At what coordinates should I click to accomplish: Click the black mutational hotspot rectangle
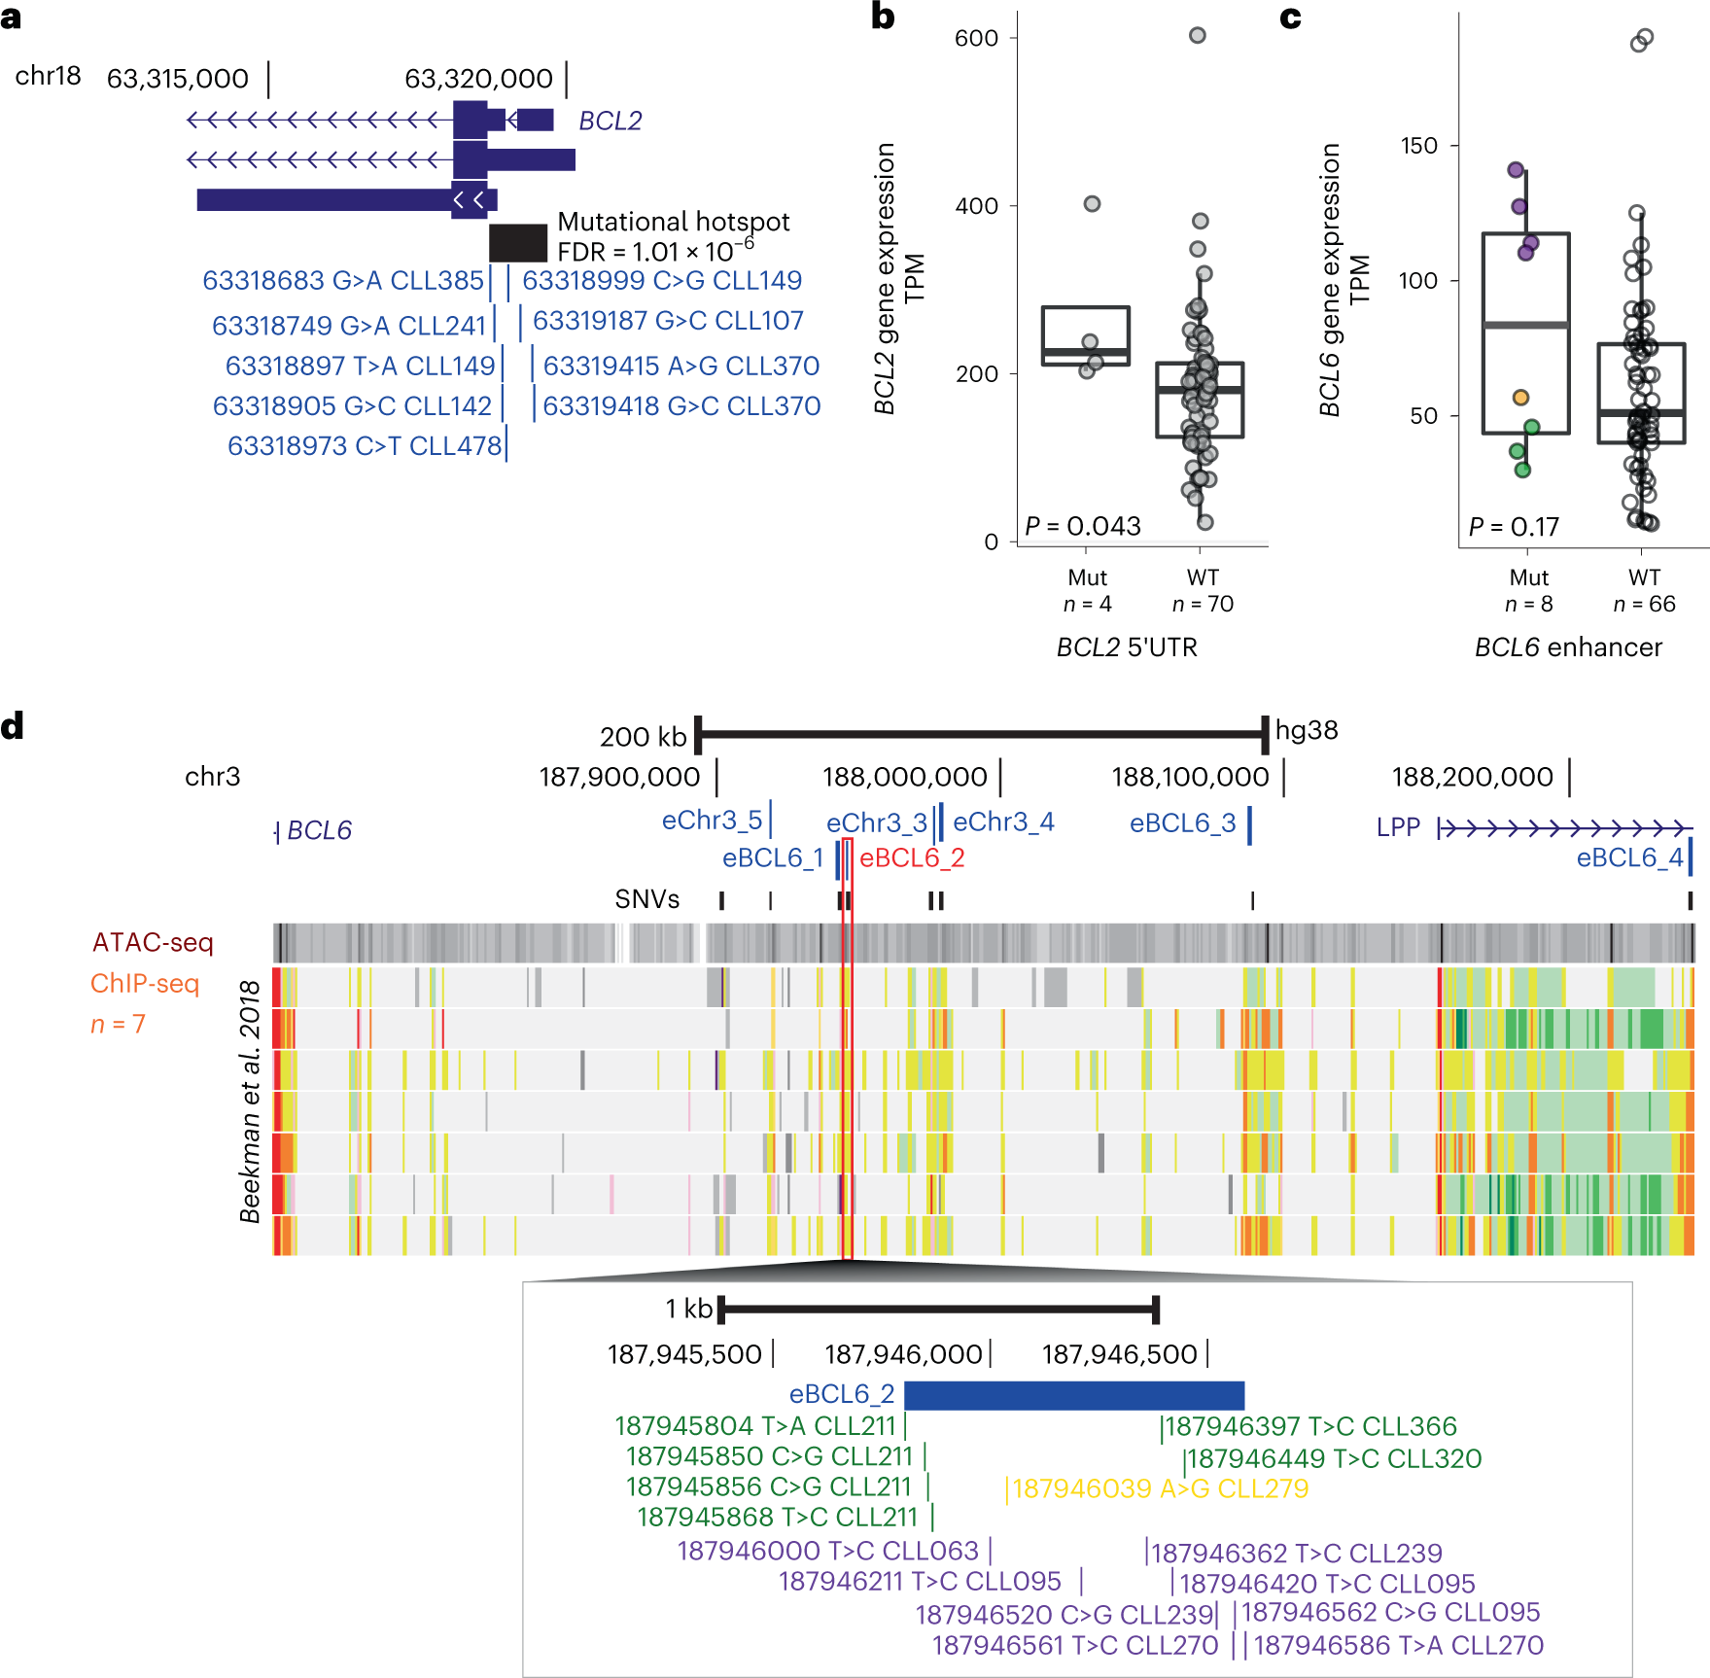[517, 242]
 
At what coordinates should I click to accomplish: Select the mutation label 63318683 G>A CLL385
[342, 280]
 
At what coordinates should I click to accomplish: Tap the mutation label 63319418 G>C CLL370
[681, 405]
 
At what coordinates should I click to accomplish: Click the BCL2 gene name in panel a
[610, 121]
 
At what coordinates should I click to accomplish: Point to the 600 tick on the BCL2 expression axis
[976, 38]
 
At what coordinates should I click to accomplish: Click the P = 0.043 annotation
[1082, 526]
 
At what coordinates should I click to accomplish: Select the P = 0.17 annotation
[1513, 527]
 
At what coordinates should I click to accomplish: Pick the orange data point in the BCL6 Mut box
[1520, 397]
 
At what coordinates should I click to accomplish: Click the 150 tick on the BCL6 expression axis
[1418, 146]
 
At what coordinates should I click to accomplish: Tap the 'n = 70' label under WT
[1203, 604]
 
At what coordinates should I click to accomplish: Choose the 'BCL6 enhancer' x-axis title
[1568, 647]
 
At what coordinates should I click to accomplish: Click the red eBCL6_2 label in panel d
[912, 857]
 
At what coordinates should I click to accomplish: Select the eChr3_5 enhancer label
[712, 821]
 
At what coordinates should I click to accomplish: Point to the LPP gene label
[1398, 827]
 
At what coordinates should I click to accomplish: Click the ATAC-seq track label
[153, 942]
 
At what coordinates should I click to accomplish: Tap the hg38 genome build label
[1306, 730]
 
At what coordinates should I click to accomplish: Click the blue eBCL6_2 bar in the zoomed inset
[1073, 1395]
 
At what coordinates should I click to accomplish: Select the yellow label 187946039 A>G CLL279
[1160, 1488]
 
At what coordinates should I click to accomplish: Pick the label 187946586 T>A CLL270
[1398, 1645]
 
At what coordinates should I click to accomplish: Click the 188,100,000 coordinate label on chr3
[1190, 777]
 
